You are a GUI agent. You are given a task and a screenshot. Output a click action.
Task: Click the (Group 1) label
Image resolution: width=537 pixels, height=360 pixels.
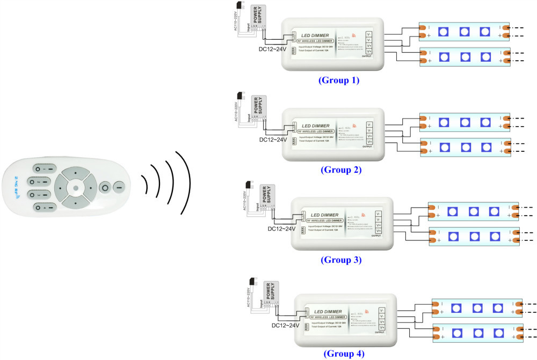(x=338, y=80)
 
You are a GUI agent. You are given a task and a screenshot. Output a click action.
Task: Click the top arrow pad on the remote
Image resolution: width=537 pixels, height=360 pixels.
(x=76, y=174)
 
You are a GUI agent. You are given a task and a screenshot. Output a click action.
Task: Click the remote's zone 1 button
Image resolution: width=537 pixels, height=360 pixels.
(x=43, y=168)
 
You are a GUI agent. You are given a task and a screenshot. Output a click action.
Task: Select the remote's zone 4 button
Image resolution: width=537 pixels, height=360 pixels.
(x=43, y=207)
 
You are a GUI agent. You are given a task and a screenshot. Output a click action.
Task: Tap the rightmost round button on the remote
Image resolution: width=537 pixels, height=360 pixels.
(x=118, y=188)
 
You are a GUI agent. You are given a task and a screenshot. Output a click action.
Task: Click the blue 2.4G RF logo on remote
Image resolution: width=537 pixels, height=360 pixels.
(x=14, y=189)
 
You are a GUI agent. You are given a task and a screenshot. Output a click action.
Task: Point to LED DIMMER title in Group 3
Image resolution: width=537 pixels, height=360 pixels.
(x=324, y=215)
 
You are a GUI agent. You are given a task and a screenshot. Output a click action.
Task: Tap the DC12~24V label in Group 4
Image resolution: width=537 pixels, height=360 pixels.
(x=286, y=325)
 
